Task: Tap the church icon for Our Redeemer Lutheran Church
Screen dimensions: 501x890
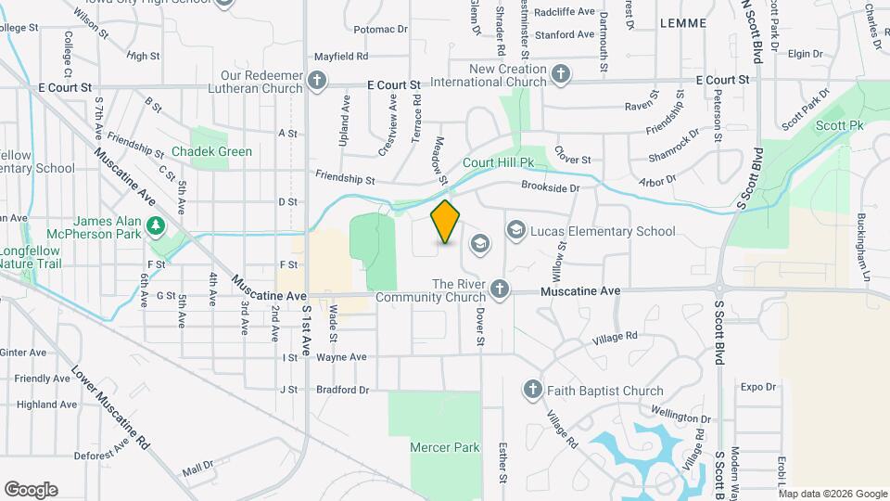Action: [x=317, y=81]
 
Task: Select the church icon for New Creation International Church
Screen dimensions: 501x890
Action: [x=560, y=74]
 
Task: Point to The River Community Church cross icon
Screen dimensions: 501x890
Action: [x=500, y=290]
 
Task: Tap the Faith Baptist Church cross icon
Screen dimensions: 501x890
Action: [x=532, y=391]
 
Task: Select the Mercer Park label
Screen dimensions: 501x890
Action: [x=445, y=447]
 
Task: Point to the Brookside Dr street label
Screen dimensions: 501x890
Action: [x=550, y=187]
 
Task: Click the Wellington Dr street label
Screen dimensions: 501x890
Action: [x=680, y=406]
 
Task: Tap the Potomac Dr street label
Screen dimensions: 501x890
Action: [x=380, y=30]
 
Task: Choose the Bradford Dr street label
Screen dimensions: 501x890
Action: [x=342, y=390]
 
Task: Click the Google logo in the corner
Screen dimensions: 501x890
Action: [x=31, y=489]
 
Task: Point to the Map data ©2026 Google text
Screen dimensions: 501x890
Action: [x=833, y=494]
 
